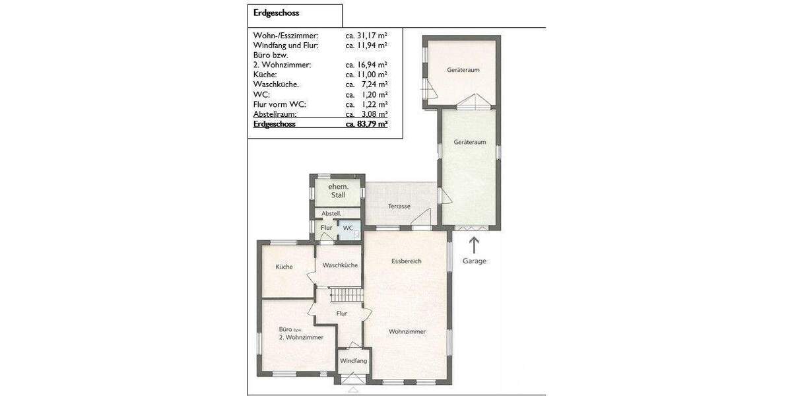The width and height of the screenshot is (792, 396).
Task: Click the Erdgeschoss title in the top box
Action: tap(276, 13)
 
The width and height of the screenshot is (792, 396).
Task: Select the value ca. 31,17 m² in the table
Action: tap(366, 35)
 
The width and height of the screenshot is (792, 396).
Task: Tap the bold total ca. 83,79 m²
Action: tap(366, 123)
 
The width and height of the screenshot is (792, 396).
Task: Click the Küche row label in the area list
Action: tap(266, 75)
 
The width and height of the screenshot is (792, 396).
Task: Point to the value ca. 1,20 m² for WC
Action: tap(366, 94)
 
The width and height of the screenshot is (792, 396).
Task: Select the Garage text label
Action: tap(474, 261)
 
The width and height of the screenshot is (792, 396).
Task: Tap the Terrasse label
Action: tap(399, 206)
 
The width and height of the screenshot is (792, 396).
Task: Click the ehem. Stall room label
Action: tap(337, 191)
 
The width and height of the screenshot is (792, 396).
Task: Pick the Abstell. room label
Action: tap(331, 214)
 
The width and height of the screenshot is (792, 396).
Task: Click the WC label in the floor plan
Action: tap(348, 228)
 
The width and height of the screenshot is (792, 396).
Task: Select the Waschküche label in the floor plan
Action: tap(340, 265)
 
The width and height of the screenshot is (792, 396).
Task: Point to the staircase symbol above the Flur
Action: tap(346, 295)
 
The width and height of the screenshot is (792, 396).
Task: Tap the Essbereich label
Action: tap(406, 261)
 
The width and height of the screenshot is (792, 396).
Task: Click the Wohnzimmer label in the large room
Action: tap(407, 331)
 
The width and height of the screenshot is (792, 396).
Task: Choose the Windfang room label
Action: tap(353, 361)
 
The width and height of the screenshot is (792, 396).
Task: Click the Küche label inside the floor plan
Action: tap(284, 267)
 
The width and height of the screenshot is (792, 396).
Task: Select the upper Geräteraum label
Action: tap(462, 69)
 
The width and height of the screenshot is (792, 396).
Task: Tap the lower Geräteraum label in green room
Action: tap(470, 142)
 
